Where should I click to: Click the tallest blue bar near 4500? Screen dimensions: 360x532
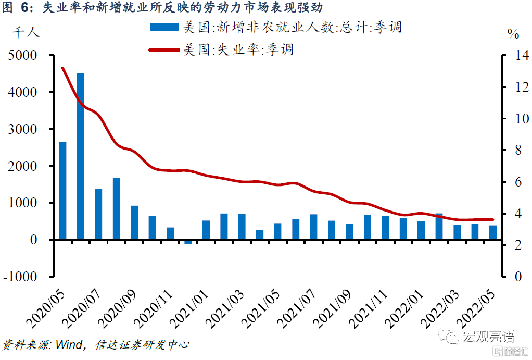pos(81,156)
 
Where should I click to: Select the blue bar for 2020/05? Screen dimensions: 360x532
pos(62,191)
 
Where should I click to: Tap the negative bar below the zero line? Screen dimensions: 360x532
pos(188,242)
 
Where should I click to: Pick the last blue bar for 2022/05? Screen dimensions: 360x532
pos(492,232)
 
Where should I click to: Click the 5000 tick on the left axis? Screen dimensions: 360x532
pos(24,55)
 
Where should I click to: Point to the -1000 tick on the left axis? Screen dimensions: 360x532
pos(21,277)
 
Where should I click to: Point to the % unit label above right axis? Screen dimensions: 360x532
pos(514,34)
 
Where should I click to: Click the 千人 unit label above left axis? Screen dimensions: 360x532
pos(26,32)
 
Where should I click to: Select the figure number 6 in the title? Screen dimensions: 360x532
pos(24,8)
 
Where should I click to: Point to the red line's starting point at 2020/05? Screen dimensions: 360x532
pos(62,68)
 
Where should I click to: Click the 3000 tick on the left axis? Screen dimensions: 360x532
pos(24,129)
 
